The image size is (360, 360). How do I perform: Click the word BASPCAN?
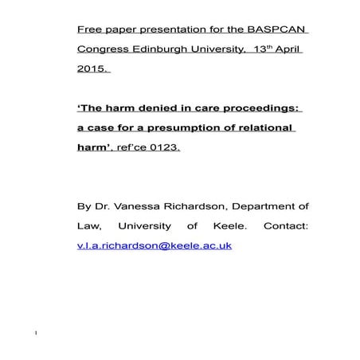pos(279,31)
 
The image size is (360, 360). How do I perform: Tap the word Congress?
pos(105,50)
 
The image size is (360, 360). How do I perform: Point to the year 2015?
pos(91,69)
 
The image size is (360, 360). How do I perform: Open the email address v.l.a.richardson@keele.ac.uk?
pos(154,245)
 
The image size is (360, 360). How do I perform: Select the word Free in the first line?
pos(89,31)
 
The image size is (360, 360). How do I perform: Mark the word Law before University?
pos(88,225)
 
